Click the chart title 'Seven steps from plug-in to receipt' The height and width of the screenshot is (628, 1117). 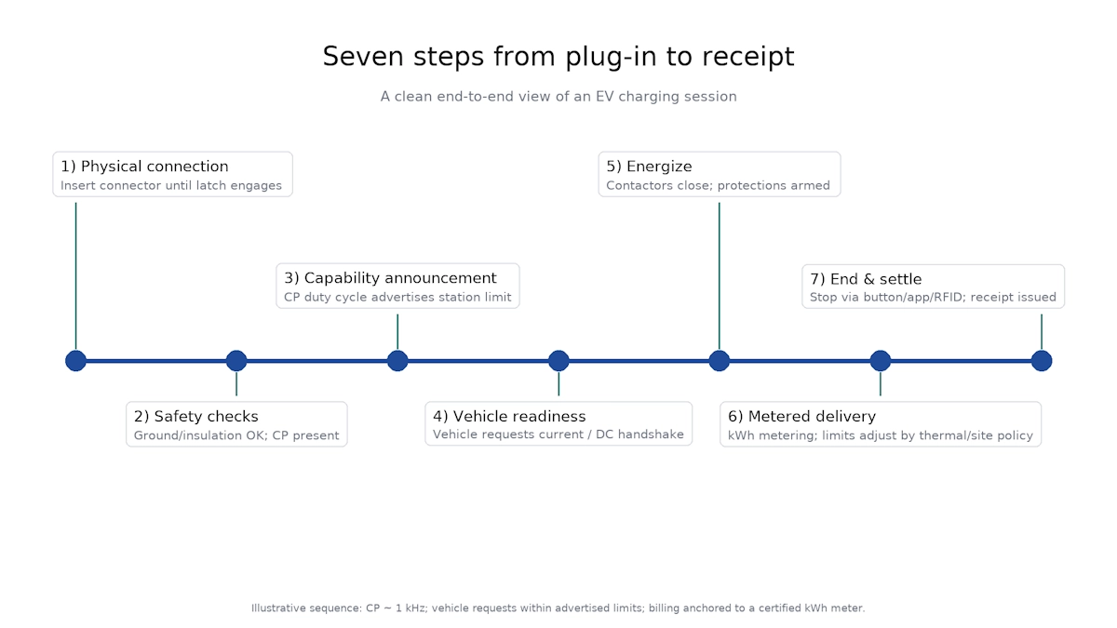pyautogui.click(x=558, y=57)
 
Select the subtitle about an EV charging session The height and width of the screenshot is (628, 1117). pyautogui.click(x=558, y=97)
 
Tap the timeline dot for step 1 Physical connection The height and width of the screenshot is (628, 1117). pyautogui.click(x=75, y=361)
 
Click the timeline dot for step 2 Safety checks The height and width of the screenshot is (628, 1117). pyautogui.click(x=236, y=361)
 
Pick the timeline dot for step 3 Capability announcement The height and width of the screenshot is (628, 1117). pyautogui.click(x=397, y=361)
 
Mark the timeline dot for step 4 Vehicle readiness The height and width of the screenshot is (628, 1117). pyautogui.click(x=558, y=361)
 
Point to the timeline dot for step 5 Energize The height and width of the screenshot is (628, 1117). pyautogui.click(x=720, y=361)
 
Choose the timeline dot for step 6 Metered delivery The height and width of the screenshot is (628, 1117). pyautogui.click(x=881, y=361)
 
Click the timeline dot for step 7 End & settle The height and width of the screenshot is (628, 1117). pyautogui.click(x=1042, y=361)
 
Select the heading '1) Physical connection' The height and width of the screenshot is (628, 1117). pyautogui.click(x=144, y=167)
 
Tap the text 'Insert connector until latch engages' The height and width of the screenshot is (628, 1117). pyautogui.click(x=171, y=186)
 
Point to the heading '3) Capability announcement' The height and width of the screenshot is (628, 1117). pyautogui.click(x=390, y=278)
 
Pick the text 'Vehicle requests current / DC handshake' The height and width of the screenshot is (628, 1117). pyautogui.click(x=558, y=435)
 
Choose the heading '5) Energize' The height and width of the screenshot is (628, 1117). pyautogui.click(x=649, y=167)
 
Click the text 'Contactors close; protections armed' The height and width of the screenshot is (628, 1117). pyautogui.click(x=718, y=186)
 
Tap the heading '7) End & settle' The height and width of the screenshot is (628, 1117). pyautogui.click(x=866, y=279)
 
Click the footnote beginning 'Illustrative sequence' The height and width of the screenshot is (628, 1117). pyautogui.click(x=558, y=608)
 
